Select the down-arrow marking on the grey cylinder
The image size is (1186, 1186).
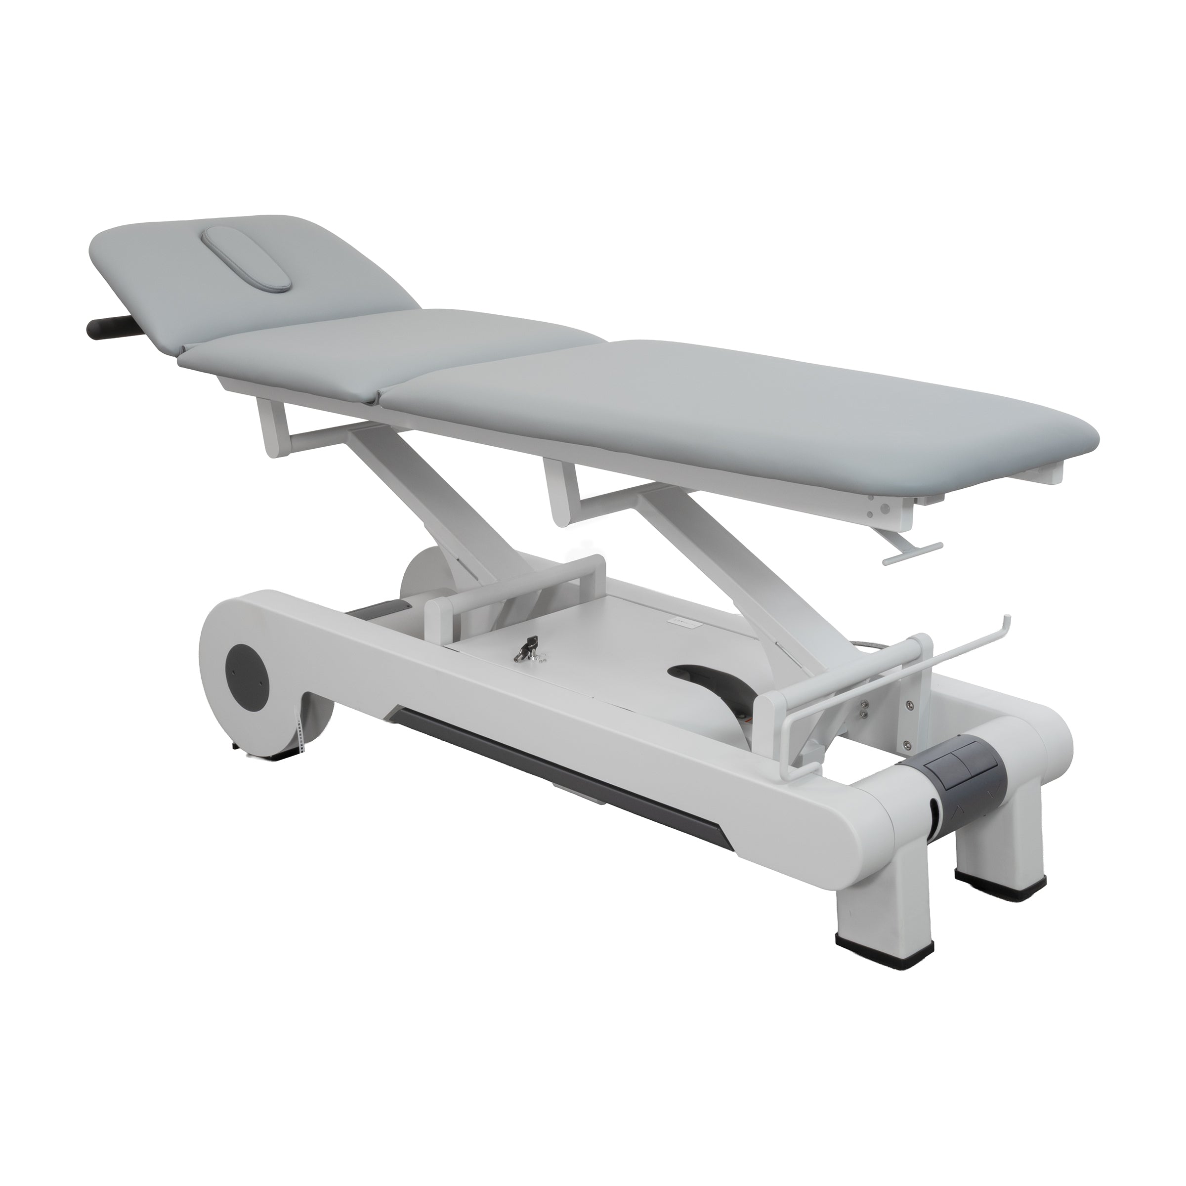(994, 794)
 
